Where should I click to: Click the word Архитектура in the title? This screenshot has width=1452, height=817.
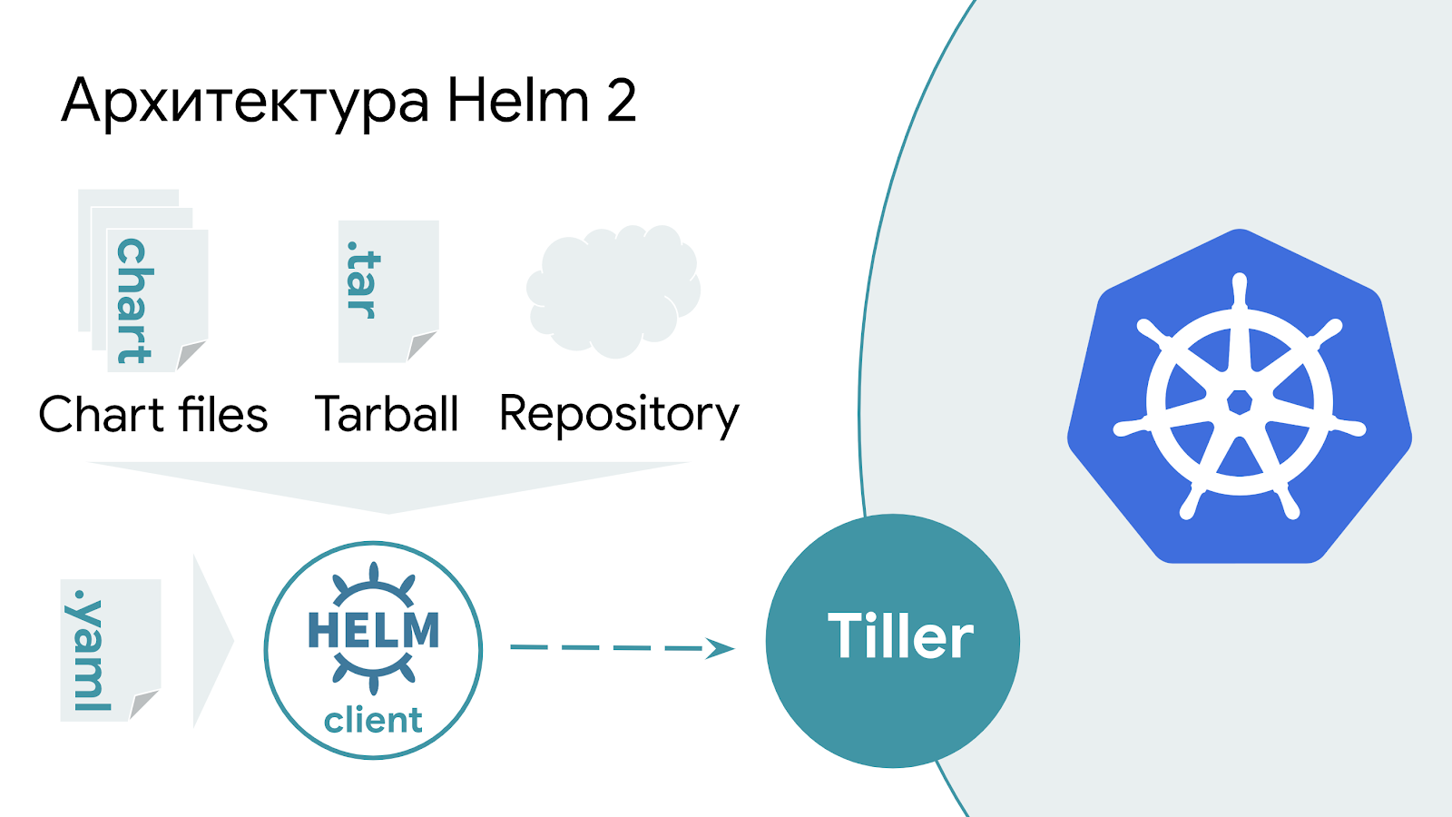(245, 102)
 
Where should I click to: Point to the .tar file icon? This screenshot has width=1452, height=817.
(388, 290)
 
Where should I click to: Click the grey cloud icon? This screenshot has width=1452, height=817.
(613, 290)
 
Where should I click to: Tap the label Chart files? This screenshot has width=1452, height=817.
(153, 415)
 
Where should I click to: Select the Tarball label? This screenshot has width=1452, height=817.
(387, 415)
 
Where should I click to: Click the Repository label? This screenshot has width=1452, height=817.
(619, 415)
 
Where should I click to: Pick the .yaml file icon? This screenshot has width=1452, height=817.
(110, 650)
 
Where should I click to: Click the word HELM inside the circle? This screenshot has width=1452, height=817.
(373, 631)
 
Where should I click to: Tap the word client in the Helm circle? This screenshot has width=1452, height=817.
(373, 721)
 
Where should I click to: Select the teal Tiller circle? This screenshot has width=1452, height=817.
(893, 641)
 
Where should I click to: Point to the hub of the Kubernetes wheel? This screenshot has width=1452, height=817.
(1240, 401)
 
